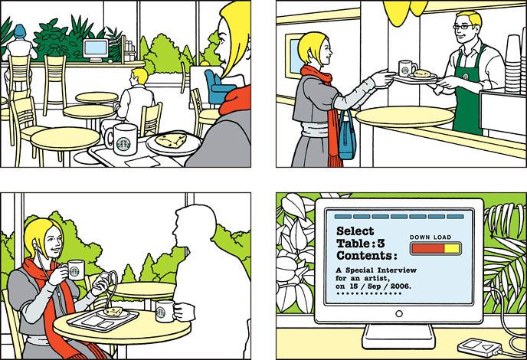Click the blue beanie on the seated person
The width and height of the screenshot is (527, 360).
tap(19, 31)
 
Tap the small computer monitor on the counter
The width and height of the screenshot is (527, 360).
tap(96, 50)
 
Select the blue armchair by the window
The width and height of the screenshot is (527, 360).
tap(217, 86)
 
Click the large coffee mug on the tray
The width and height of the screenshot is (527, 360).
tap(122, 139)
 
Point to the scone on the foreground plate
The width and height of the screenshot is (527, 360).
tap(170, 140)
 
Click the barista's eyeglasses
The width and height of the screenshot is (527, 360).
tap(463, 27)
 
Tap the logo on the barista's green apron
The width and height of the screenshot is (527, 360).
tap(466, 76)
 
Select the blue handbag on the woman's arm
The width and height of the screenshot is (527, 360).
tap(348, 137)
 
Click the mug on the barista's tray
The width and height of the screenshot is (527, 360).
tap(406, 68)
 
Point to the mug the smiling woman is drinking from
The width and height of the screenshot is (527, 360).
tap(74, 270)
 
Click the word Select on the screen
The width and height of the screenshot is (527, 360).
tap(355, 231)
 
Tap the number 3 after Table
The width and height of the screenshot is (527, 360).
tap(381, 244)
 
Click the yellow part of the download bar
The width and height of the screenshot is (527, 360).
tap(451, 249)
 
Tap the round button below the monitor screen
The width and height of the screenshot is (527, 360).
tap(399, 313)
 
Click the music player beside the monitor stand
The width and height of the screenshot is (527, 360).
tap(480, 347)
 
